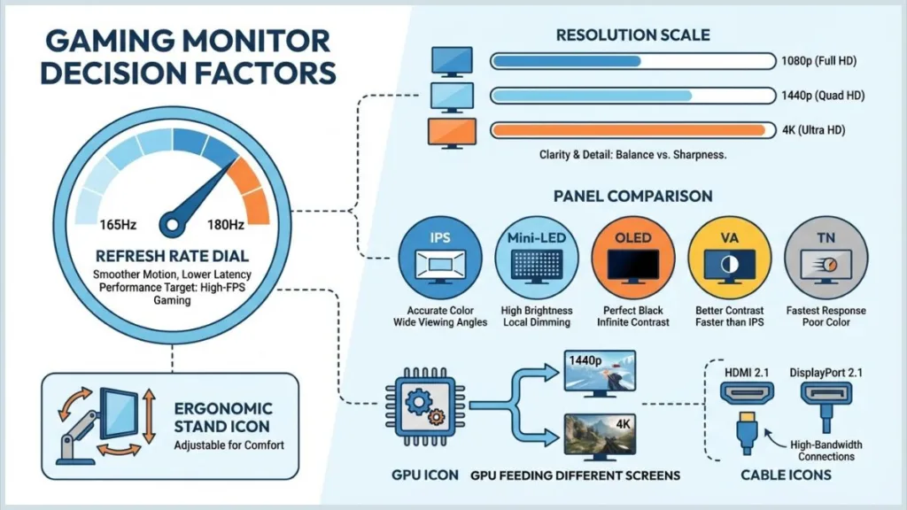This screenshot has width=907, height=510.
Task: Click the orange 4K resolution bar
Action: tap(629, 130)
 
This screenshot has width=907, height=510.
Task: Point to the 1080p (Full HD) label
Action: tap(818, 61)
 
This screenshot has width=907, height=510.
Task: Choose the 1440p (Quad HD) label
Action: tap(822, 96)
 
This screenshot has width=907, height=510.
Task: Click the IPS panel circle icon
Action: tap(440, 257)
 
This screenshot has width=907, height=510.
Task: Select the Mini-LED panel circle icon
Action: tap(537, 257)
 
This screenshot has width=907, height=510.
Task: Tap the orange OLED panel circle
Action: tap(632, 257)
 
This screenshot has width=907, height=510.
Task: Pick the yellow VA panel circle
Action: tap(729, 257)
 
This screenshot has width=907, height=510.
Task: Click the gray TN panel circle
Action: tap(825, 257)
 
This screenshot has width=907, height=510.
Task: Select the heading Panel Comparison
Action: tap(632, 196)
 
